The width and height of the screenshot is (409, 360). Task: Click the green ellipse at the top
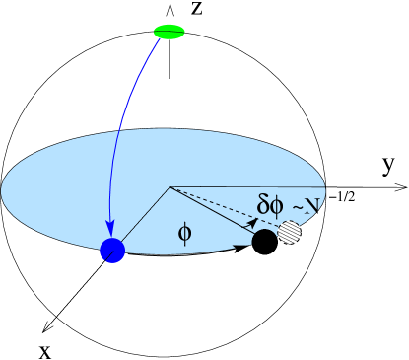169,32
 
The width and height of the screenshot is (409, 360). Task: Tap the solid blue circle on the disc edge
112,251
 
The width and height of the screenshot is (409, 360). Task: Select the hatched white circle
289,233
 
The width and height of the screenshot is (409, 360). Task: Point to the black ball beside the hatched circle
264,240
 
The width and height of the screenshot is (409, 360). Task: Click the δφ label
270,205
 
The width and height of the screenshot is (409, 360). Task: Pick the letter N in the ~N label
312,206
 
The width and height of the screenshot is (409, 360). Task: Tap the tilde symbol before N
297,207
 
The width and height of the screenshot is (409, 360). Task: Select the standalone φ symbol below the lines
184,234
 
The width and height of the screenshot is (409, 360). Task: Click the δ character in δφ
263,205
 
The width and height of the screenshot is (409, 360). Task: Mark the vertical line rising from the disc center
170,158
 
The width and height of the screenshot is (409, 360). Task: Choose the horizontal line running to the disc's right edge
246,186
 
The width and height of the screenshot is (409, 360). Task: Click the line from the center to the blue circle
143,217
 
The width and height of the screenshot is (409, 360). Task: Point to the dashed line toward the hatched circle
227,207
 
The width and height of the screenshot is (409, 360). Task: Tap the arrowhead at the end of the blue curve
110,231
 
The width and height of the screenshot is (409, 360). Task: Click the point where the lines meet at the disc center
170,186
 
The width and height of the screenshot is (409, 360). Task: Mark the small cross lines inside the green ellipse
170,30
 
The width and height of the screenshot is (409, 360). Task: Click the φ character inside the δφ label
277,205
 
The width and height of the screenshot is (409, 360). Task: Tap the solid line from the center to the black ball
212,212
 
